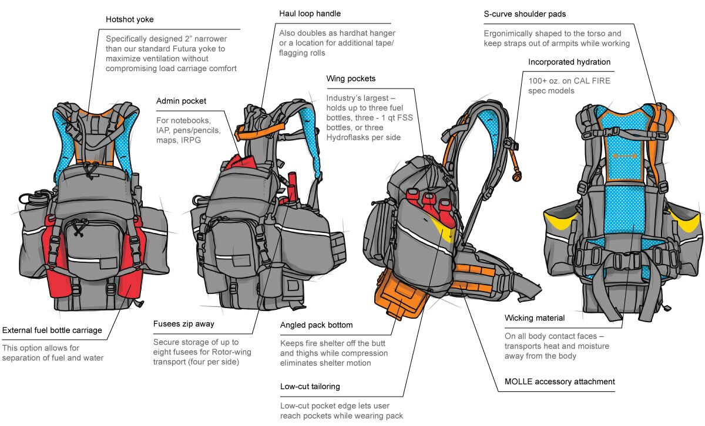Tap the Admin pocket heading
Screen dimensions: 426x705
[x=181, y=102]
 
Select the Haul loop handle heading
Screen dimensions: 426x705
[x=310, y=13]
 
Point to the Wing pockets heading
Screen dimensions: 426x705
[x=351, y=78]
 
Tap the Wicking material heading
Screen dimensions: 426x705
[x=535, y=318]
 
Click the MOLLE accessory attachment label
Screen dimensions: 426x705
[x=560, y=381]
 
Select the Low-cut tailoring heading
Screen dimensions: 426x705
[x=310, y=387]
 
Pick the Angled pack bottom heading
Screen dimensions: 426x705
[x=316, y=324]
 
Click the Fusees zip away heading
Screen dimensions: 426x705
[x=183, y=323]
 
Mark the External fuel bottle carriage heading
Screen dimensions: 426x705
[x=52, y=330]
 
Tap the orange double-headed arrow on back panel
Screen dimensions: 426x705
[x=625, y=156]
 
